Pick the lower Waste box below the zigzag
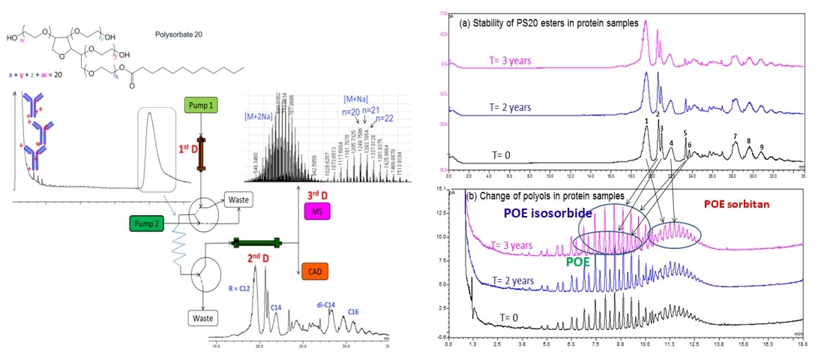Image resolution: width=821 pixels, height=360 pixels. click(205, 316)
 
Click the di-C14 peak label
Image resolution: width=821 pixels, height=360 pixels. click(323, 305)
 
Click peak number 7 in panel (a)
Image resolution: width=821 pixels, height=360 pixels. click(735, 136)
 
